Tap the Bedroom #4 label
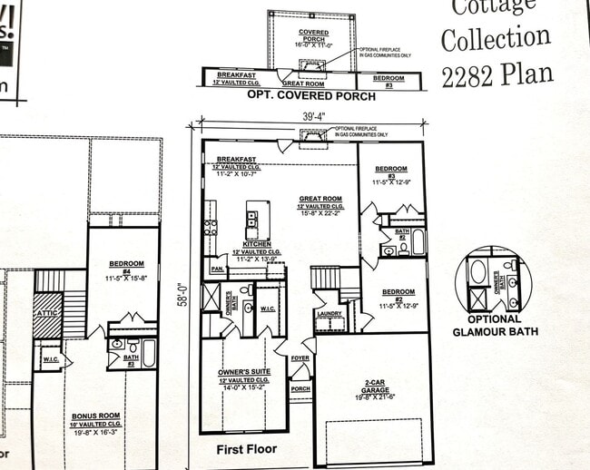click(x=121, y=265)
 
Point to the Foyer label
click(x=300, y=357)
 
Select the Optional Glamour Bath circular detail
click(x=494, y=279)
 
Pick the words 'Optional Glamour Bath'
click(x=495, y=325)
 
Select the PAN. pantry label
click(x=217, y=269)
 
